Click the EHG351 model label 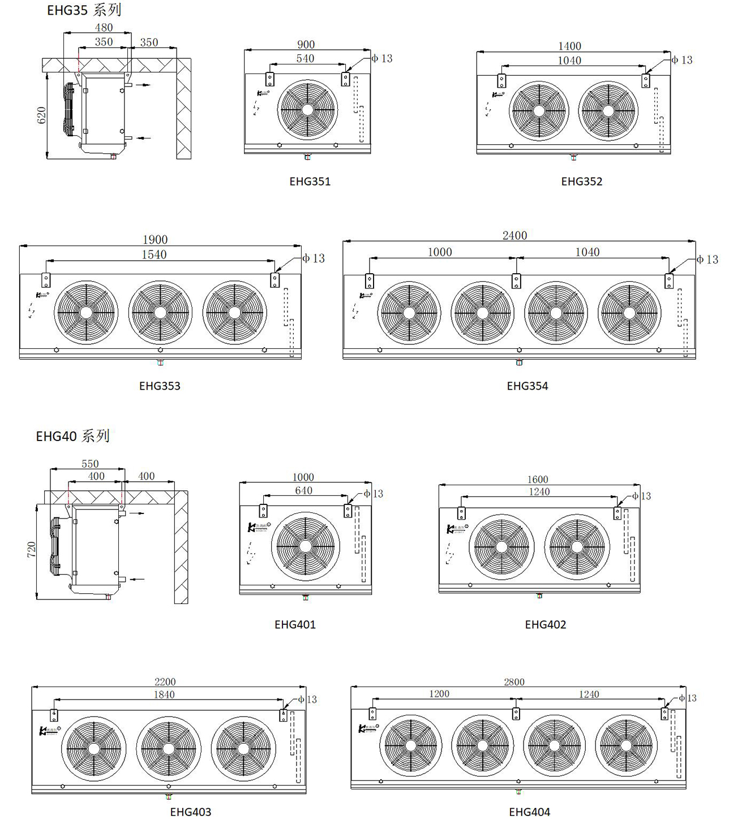(310, 182)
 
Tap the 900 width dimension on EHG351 (306, 45)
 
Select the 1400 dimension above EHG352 (569, 46)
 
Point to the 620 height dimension (41, 116)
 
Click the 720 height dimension (31, 549)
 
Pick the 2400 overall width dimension (514, 235)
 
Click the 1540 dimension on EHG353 (154, 254)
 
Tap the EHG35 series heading (84, 10)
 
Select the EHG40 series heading (72, 436)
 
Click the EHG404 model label (529, 812)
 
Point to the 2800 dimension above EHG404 (514, 682)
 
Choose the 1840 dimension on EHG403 (164, 694)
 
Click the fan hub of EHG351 (307, 110)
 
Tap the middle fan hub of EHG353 (160, 312)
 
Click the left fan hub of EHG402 (501, 547)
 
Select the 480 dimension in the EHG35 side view (104, 27)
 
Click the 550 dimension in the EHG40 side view (90, 464)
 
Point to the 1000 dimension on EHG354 (440, 252)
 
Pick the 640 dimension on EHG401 (303, 490)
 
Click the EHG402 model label (545, 625)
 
